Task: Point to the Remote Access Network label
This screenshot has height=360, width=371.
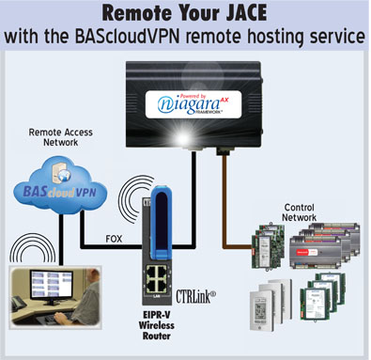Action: click(x=60, y=140)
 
